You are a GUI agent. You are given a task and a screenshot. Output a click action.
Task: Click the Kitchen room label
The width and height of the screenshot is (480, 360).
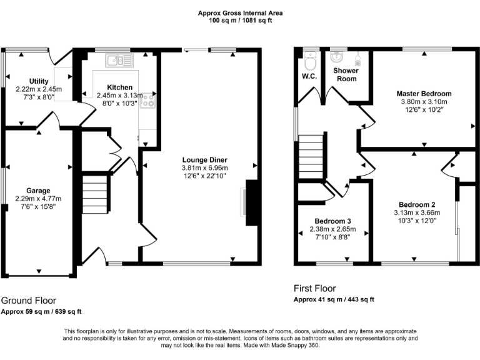tap(119, 87)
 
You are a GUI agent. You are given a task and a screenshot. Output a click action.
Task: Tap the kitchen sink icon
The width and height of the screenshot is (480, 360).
tap(117, 60)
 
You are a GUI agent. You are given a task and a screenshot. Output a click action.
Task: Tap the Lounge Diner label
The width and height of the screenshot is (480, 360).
tap(205, 159)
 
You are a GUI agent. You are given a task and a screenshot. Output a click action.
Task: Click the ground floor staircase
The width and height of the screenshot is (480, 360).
tap(95, 194)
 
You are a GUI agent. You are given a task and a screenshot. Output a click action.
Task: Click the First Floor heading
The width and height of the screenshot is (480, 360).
tap(315, 289)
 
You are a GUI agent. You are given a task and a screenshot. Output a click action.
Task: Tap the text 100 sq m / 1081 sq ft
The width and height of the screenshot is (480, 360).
tap(240, 20)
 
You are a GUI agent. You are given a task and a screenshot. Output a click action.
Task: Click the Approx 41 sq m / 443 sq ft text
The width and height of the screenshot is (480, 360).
tap(334, 299)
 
